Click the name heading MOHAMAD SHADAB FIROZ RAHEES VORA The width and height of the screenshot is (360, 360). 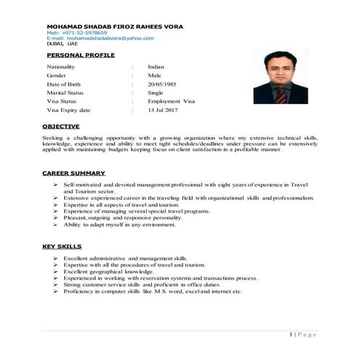[115, 26]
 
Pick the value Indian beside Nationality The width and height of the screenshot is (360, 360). [156, 66]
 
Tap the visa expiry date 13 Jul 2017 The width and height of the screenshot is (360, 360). [163, 110]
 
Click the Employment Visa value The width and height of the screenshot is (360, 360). [171, 101]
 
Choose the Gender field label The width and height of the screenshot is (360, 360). [56, 75]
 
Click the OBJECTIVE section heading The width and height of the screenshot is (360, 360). [61, 127]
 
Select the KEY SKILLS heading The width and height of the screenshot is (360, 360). [62, 247]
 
